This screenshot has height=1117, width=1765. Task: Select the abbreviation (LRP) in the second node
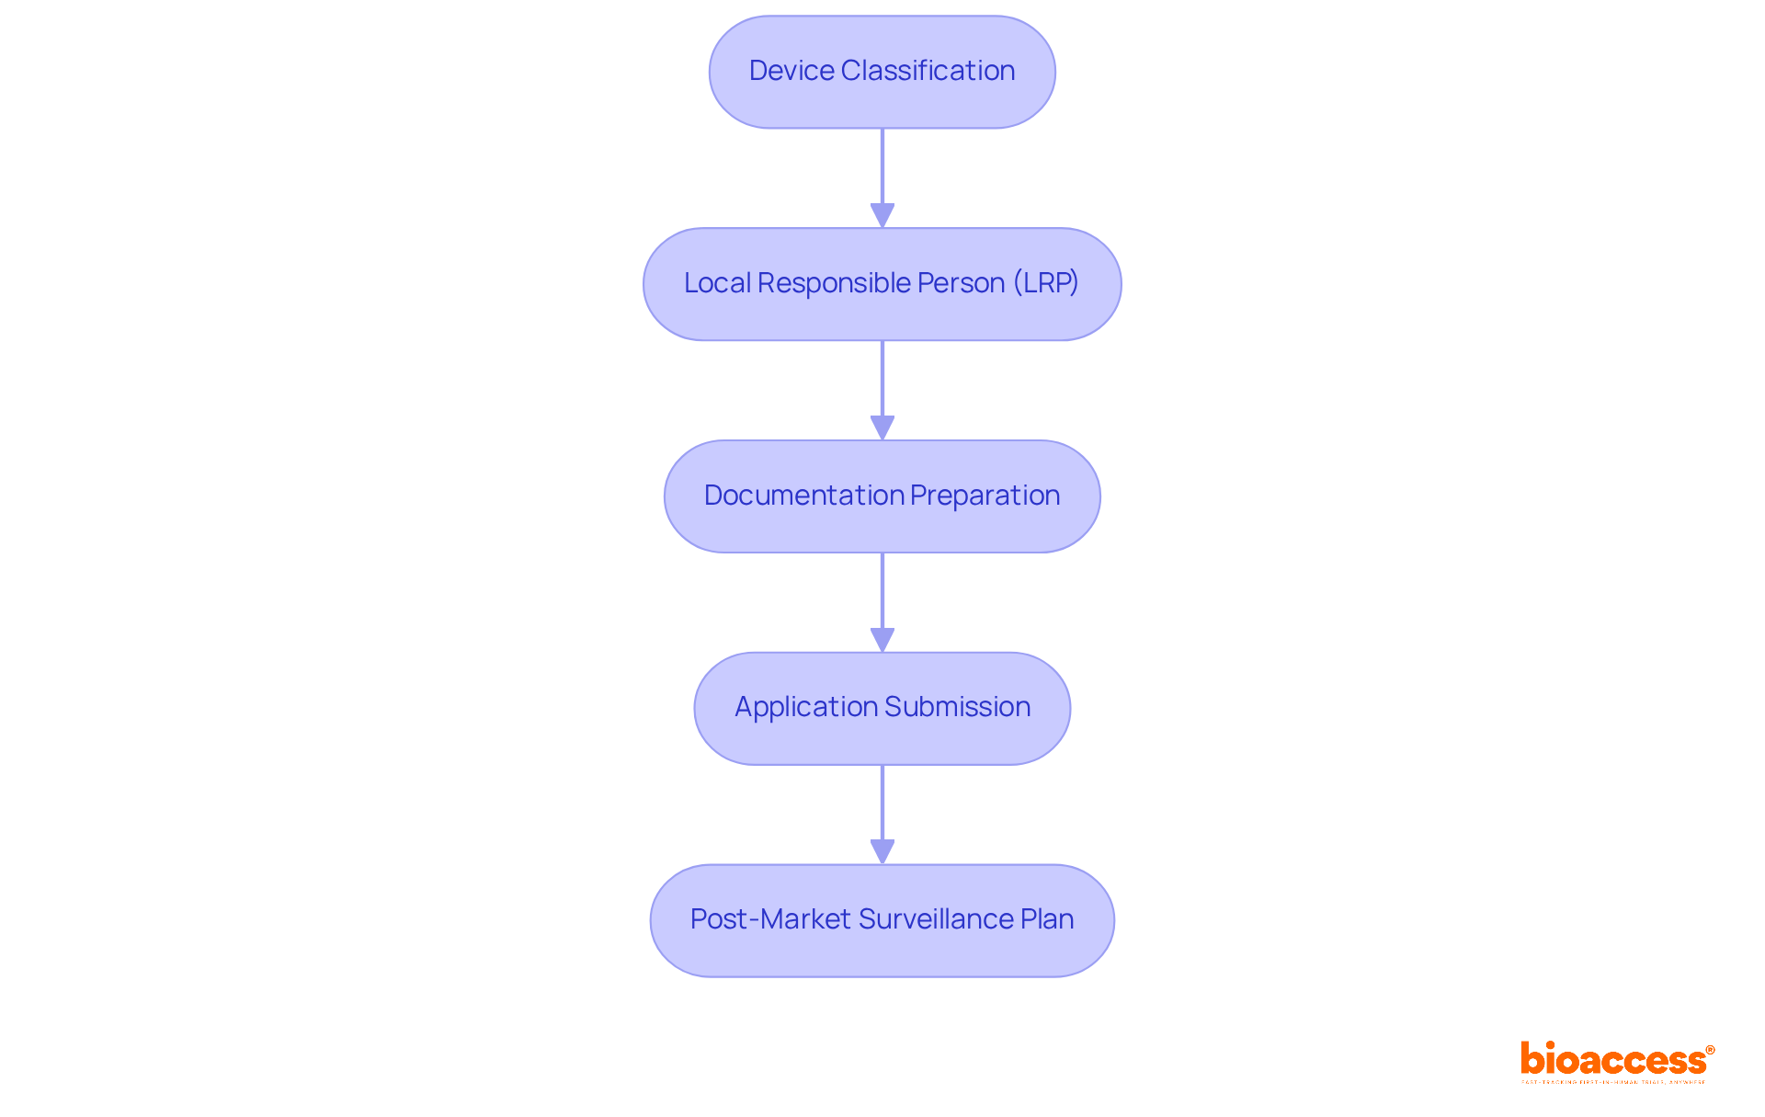coord(1046,282)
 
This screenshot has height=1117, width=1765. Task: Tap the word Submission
coord(957,706)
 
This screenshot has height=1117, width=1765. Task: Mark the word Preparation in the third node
coord(985,495)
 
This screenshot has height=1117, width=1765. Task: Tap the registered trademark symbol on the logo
coord(1710,1050)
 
